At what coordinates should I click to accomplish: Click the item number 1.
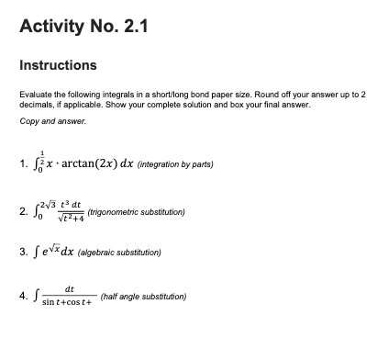[24, 165]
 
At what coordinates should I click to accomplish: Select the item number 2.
[24, 211]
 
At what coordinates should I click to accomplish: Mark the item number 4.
[24, 298]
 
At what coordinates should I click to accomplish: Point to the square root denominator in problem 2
[73, 218]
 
